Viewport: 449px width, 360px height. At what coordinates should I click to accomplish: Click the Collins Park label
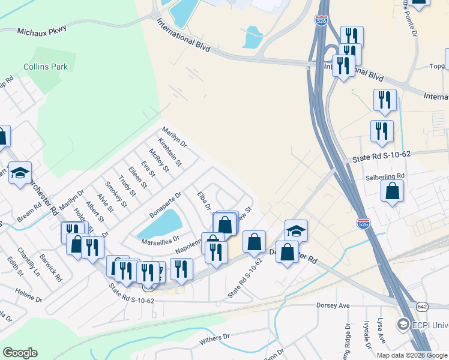click(x=46, y=67)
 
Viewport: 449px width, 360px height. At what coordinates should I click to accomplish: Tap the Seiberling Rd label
click(x=385, y=176)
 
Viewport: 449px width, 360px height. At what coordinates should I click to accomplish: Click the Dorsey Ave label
click(x=333, y=305)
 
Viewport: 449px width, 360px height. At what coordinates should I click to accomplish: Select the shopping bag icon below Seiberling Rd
click(x=392, y=191)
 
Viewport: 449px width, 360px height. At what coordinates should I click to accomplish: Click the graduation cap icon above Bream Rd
click(x=20, y=173)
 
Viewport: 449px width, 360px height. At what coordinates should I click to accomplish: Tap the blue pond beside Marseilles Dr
click(x=160, y=224)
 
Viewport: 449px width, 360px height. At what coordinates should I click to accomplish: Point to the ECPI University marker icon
click(x=403, y=325)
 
